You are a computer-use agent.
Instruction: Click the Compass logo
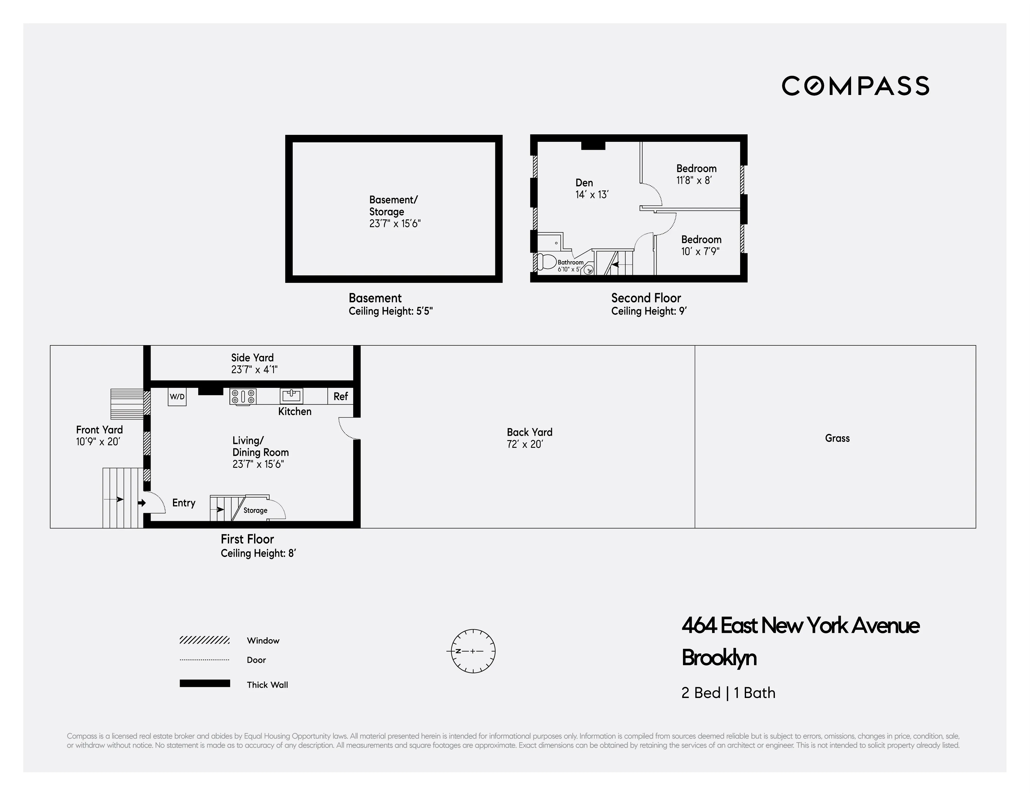coord(855,86)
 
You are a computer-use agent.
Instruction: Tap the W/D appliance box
coord(177,397)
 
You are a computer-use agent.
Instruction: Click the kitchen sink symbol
coord(291,395)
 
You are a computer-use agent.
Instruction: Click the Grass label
coord(837,438)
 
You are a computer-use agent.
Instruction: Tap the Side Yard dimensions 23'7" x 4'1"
coord(254,370)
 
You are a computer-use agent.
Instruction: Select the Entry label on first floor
coord(184,503)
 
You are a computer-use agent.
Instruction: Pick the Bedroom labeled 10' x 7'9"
coord(701,240)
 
